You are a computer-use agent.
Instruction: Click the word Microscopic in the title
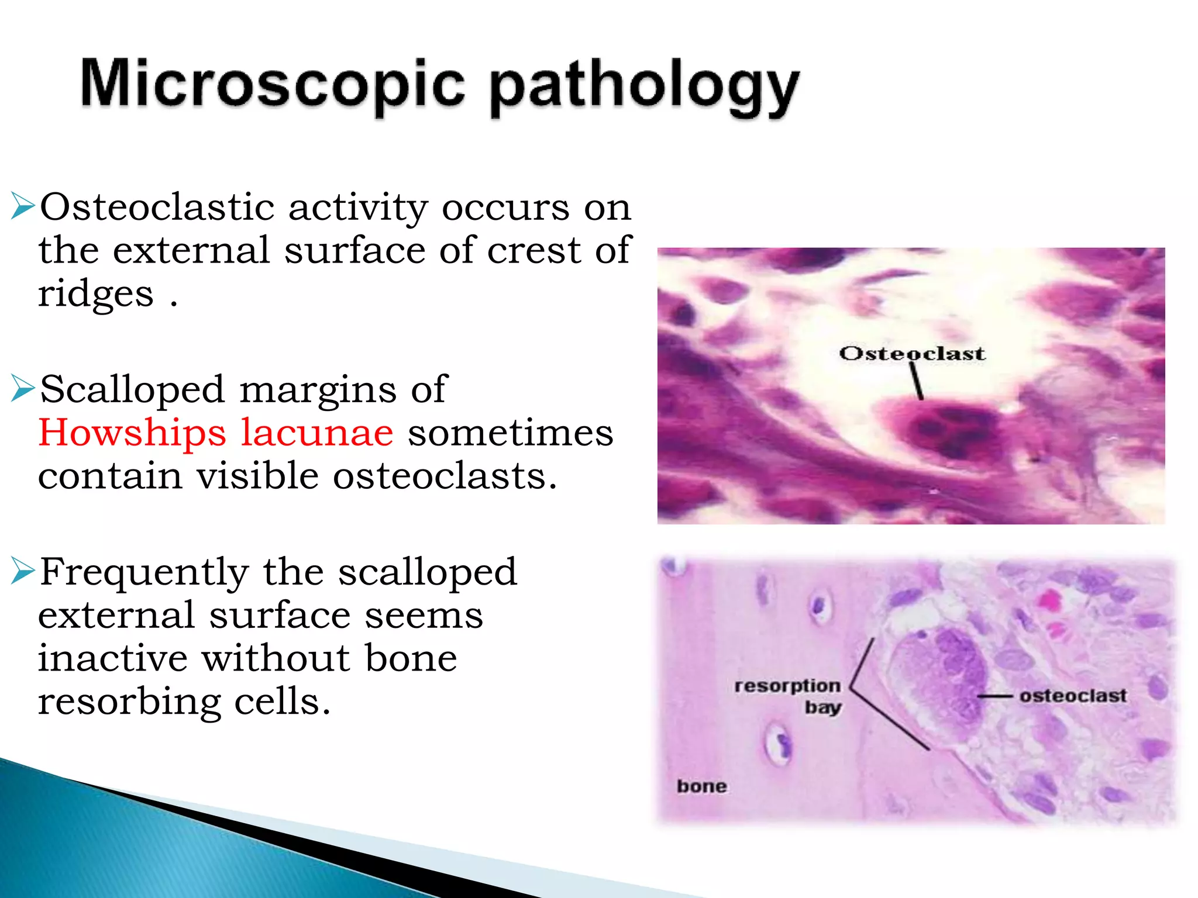coord(272,85)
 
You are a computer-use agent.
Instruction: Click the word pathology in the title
coord(643,88)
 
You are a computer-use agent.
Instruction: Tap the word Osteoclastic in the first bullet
coord(157,208)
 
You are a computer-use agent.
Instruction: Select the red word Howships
coord(132,433)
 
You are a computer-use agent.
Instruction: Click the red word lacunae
coord(317,433)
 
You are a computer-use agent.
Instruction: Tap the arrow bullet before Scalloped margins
coord(23,389)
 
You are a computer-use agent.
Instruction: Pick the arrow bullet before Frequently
coord(23,572)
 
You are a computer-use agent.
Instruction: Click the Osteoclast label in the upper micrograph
coord(911,353)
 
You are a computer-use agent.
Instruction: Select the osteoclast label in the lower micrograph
coord(1073,696)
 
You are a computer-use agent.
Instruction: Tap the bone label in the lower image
coord(701,786)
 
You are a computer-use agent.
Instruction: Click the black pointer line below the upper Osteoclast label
coord(916,380)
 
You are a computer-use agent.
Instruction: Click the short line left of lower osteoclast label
coord(994,696)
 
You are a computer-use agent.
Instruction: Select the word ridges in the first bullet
coord(96,294)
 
